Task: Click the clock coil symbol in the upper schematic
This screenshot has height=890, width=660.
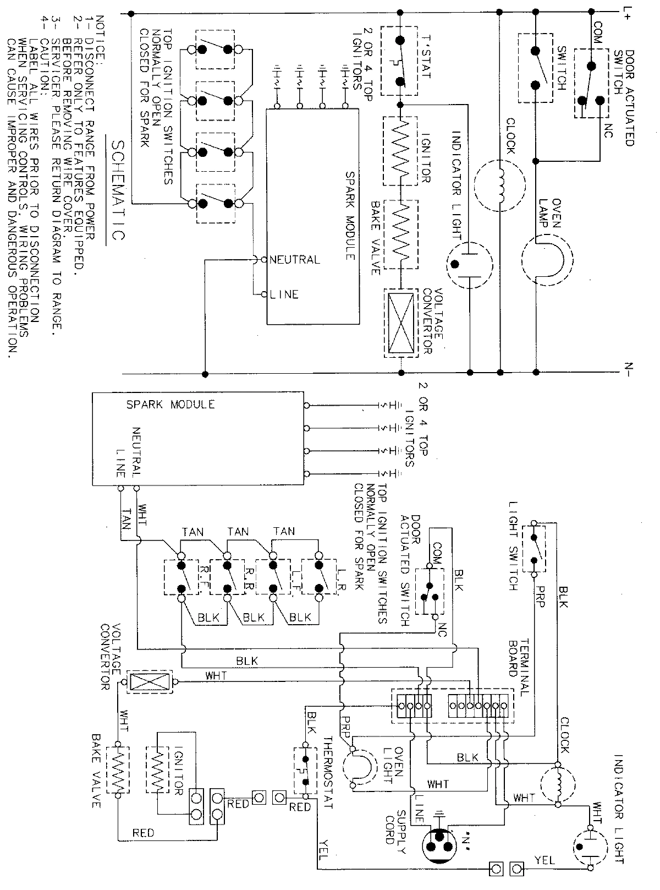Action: [501, 185]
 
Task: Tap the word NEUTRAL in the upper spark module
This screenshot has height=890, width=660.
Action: [294, 259]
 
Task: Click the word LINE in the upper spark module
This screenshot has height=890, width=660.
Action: [284, 294]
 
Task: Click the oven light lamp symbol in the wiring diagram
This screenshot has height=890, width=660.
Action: [358, 766]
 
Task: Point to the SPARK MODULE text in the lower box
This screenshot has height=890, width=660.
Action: [170, 405]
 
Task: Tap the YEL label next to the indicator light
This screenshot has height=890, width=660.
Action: [544, 860]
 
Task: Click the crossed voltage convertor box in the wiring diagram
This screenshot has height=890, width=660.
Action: [150, 682]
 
